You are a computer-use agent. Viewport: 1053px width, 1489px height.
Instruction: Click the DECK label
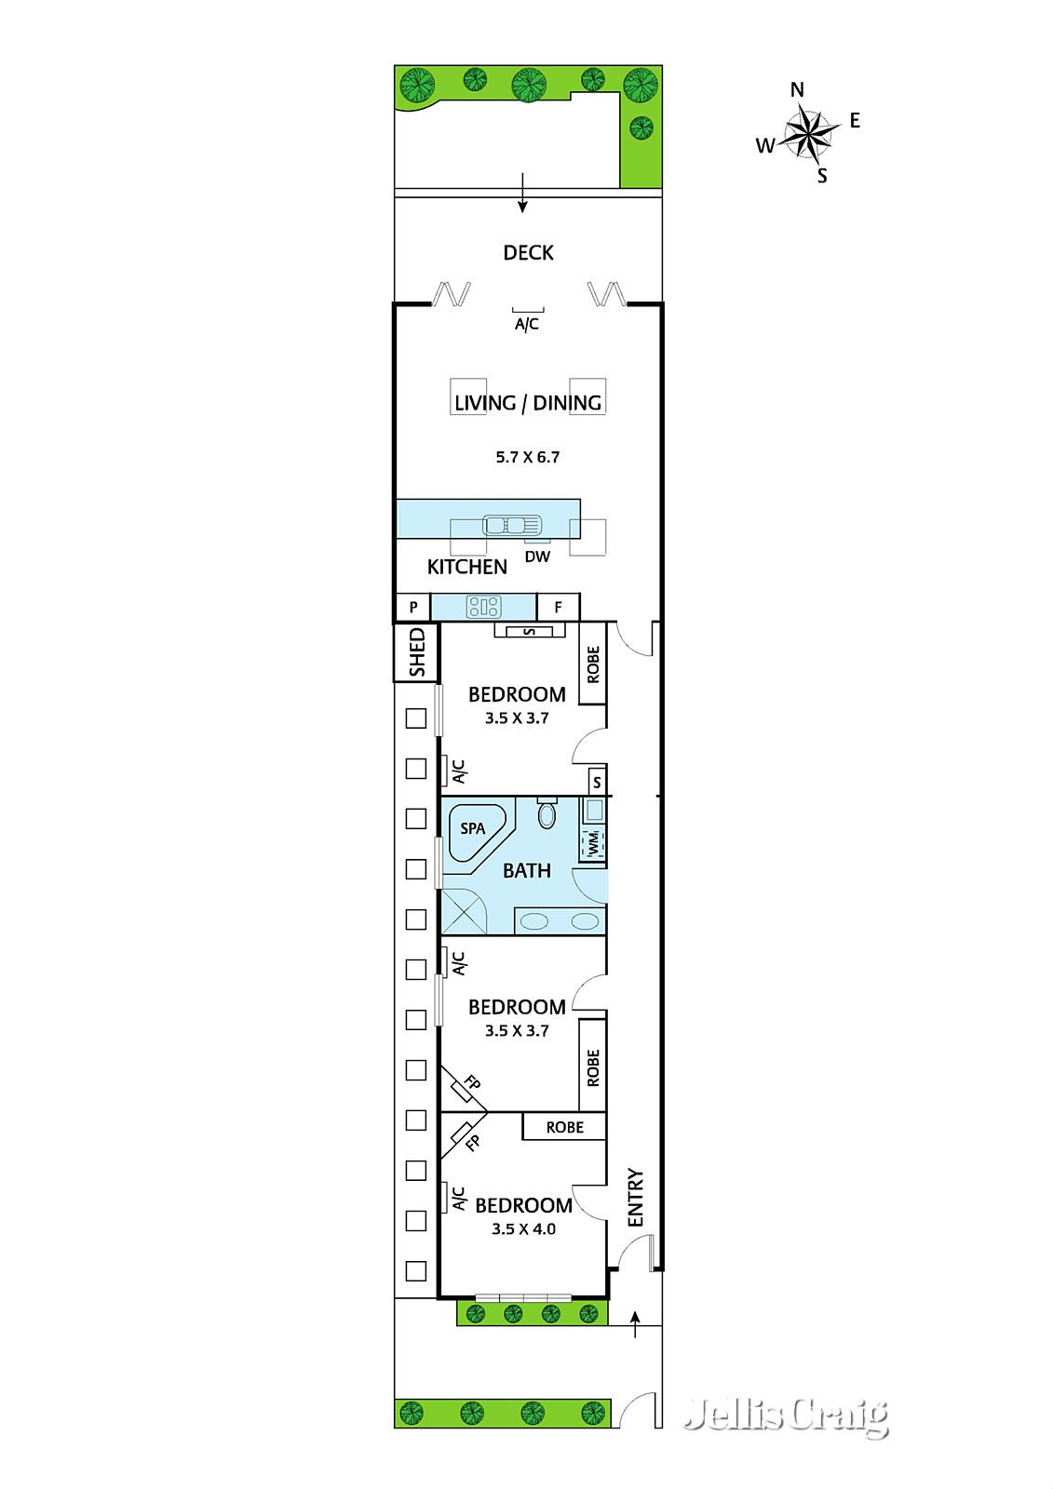(x=528, y=252)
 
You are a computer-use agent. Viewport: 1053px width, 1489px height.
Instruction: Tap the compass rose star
(x=807, y=135)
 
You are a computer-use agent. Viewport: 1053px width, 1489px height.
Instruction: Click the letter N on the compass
(x=797, y=89)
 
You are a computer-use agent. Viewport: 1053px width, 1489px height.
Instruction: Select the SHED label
(x=416, y=652)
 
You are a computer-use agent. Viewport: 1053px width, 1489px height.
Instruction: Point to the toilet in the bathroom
(x=547, y=813)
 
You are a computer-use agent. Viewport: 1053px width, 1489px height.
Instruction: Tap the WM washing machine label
(x=593, y=843)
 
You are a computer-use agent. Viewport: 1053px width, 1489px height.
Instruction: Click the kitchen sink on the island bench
(x=511, y=525)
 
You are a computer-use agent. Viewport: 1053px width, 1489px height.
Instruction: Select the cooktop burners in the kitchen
(x=483, y=606)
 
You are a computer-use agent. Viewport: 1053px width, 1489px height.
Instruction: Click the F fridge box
(x=558, y=606)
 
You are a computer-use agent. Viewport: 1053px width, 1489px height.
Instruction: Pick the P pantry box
(x=413, y=606)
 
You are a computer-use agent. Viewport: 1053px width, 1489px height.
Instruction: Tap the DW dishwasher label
(x=537, y=557)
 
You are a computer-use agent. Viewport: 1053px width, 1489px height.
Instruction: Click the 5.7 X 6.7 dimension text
(x=528, y=457)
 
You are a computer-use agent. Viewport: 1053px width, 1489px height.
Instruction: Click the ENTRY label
(x=636, y=1197)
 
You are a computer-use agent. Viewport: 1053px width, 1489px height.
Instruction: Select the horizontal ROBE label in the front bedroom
(x=565, y=1127)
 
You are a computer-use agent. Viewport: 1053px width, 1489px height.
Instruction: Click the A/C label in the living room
(x=527, y=325)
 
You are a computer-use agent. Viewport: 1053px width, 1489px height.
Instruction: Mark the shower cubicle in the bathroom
(x=465, y=911)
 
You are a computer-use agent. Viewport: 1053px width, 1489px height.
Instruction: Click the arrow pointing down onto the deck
(x=523, y=193)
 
